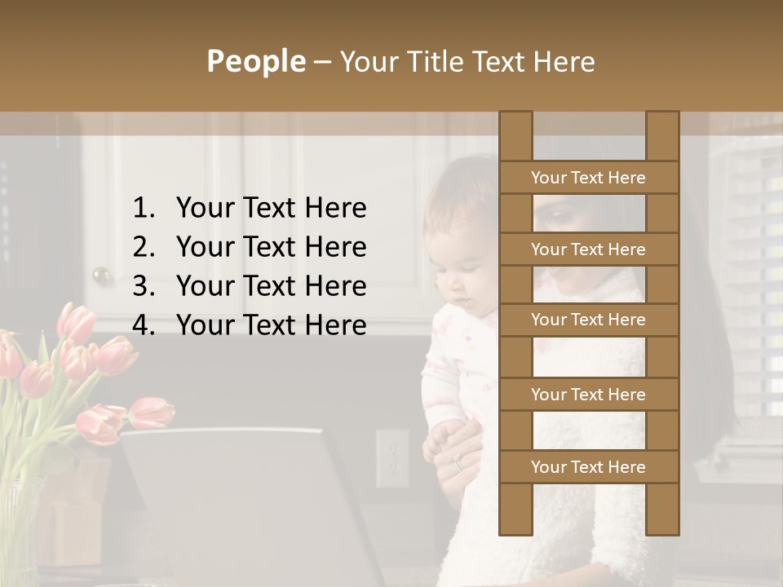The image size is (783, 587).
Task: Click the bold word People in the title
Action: click(255, 61)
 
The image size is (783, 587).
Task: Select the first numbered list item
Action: click(249, 208)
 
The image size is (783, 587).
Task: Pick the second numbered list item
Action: click(249, 247)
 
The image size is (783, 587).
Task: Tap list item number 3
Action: click(249, 286)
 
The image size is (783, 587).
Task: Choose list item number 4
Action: click(249, 325)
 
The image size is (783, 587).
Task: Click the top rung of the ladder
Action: click(588, 178)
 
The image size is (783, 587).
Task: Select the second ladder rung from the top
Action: click(588, 249)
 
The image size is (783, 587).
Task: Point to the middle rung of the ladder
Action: click(588, 320)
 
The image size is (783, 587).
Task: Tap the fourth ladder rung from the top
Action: click(588, 395)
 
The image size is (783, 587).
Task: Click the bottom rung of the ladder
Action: click(588, 467)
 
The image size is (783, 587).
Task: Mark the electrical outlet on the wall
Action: click(391, 458)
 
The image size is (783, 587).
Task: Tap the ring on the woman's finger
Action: click(458, 462)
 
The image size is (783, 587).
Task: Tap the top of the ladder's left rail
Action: click(515, 118)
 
